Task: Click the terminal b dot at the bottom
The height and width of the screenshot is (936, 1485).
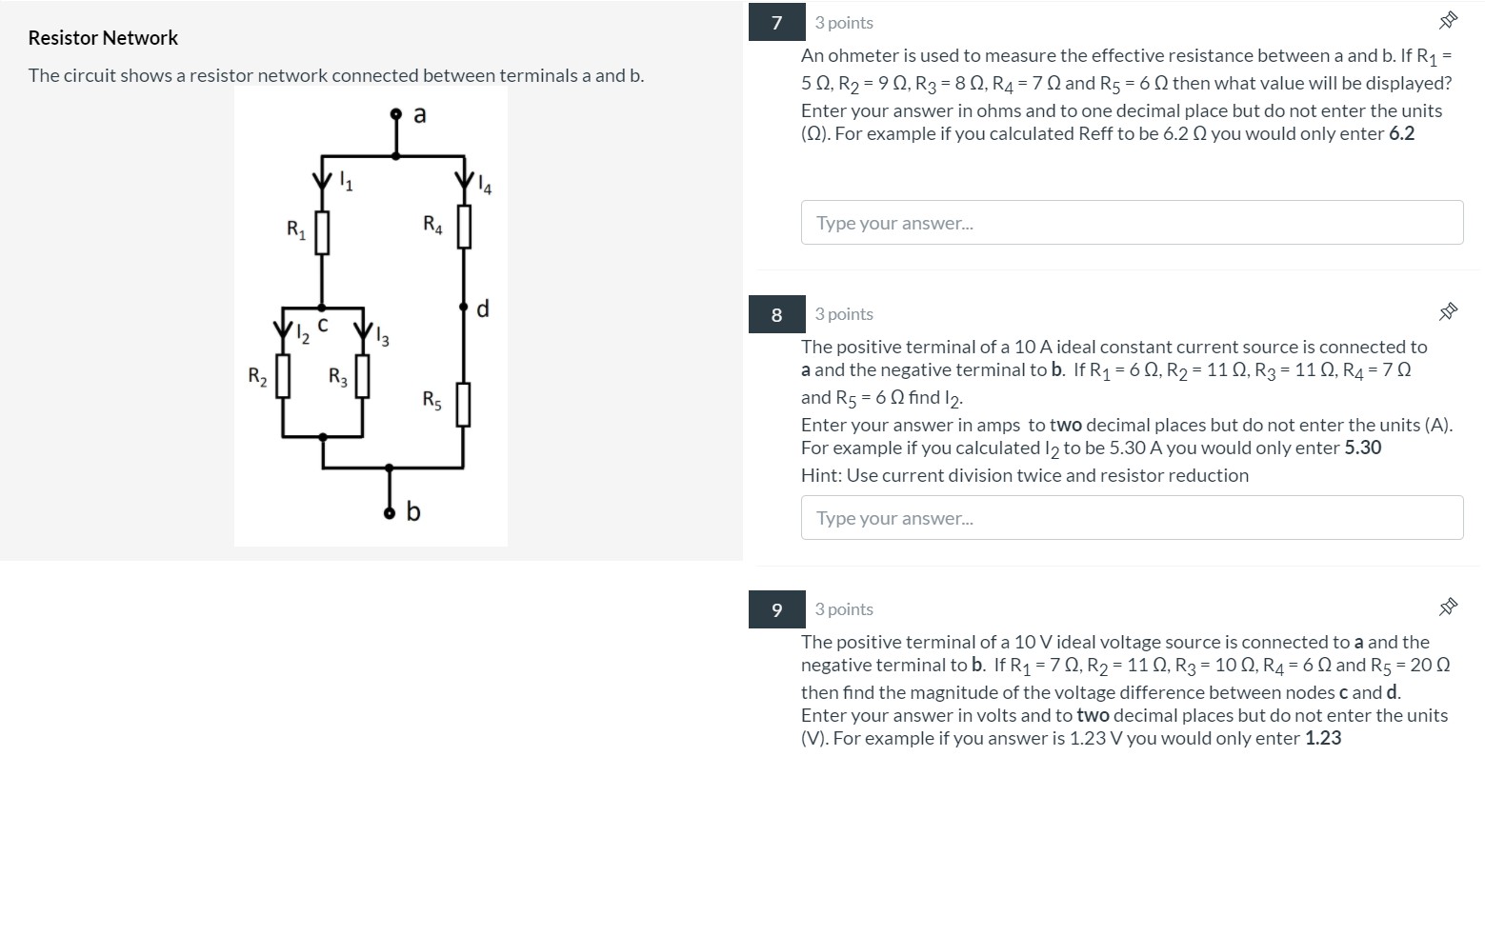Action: tap(389, 514)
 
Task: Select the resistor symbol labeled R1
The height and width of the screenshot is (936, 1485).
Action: tap(322, 233)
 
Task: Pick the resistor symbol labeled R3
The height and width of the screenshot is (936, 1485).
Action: tap(362, 377)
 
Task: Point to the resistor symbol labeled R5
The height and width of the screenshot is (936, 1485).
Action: tap(463, 404)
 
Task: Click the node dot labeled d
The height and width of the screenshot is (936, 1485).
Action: tap(464, 308)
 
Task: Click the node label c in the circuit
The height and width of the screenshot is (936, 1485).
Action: tap(323, 326)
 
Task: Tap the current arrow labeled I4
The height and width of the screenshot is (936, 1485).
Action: tap(464, 180)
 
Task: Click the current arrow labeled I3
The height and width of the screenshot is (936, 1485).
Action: tap(362, 331)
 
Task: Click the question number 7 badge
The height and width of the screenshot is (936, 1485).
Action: tap(776, 23)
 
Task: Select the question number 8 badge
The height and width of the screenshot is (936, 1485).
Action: tap(776, 314)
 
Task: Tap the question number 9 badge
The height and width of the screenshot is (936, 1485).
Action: tap(776, 609)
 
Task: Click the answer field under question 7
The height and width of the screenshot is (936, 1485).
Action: tap(1132, 223)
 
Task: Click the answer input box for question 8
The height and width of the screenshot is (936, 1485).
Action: tap(1132, 518)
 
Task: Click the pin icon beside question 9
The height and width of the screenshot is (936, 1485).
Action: tap(1448, 607)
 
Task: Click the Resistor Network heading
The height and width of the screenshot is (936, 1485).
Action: tap(103, 38)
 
